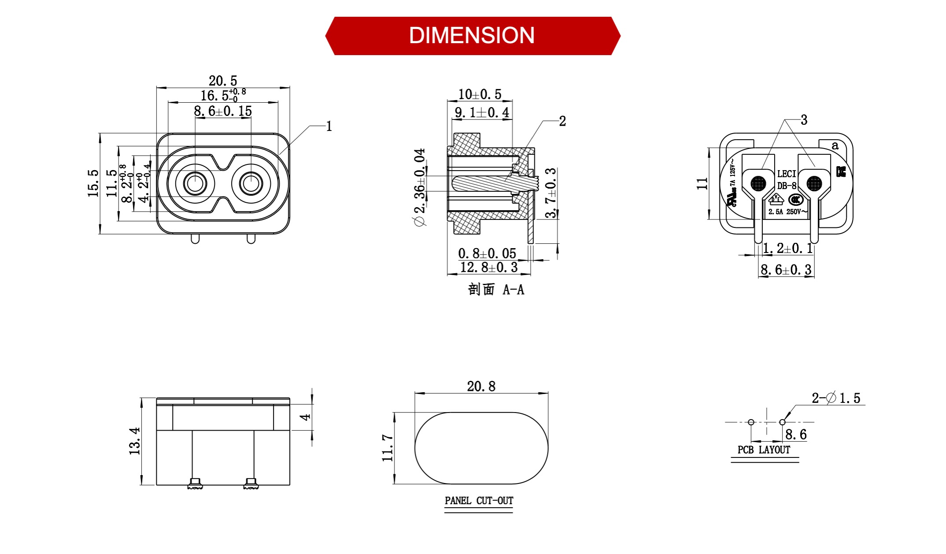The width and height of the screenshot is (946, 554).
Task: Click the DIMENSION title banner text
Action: pos(472,36)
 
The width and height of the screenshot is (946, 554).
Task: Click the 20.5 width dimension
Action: pos(223,81)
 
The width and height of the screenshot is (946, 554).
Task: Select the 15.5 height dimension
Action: pos(93,183)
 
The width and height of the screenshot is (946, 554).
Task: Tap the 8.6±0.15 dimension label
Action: pos(223,111)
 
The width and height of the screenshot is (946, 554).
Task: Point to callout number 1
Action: pos(329,126)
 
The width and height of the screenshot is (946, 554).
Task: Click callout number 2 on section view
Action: pos(562,121)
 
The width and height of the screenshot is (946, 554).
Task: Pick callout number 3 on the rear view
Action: pos(804,120)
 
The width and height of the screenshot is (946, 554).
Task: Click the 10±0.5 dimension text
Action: pos(480,94)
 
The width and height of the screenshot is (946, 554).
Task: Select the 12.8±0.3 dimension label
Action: pos(489,267)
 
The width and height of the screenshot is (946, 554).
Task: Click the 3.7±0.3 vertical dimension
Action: pos(551,193)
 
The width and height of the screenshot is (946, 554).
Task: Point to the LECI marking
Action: pos(787,174)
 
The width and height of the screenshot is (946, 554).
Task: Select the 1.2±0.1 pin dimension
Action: pos(788,249)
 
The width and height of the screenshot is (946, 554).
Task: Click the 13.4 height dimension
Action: pos(135,441)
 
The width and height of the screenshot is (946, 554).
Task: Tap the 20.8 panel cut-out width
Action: pos(481,387)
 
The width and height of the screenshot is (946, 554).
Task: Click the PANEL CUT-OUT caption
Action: pos(479,501)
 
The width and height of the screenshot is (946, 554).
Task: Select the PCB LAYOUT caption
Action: pos(764,450)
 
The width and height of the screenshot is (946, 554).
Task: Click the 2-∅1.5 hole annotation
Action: pos(836,398)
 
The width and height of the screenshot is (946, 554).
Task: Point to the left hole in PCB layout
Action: pos(751,422)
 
